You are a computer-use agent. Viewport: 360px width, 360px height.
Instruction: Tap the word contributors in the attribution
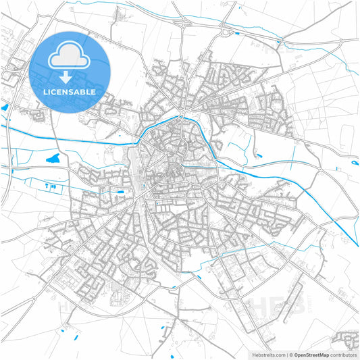[x=343, y=354]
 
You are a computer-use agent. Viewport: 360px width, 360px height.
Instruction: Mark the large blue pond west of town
[x=53, y=159]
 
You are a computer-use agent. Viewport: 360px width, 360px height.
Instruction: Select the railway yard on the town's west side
[x=136, y=169]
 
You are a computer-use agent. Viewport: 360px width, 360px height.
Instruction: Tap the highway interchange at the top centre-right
[x=225, y=30]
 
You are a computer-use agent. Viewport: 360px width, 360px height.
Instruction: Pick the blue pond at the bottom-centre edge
[x=172, y=356]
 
